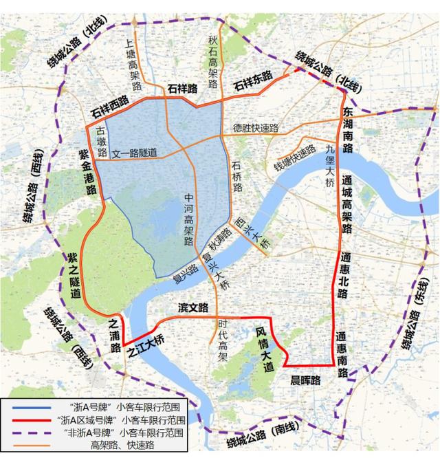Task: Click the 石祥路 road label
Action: click(181, 88)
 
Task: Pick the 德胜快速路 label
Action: click(256, 127)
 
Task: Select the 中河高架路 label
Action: click(188, 219)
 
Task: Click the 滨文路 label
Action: click(193, 307)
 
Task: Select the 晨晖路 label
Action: click(306, 380)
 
